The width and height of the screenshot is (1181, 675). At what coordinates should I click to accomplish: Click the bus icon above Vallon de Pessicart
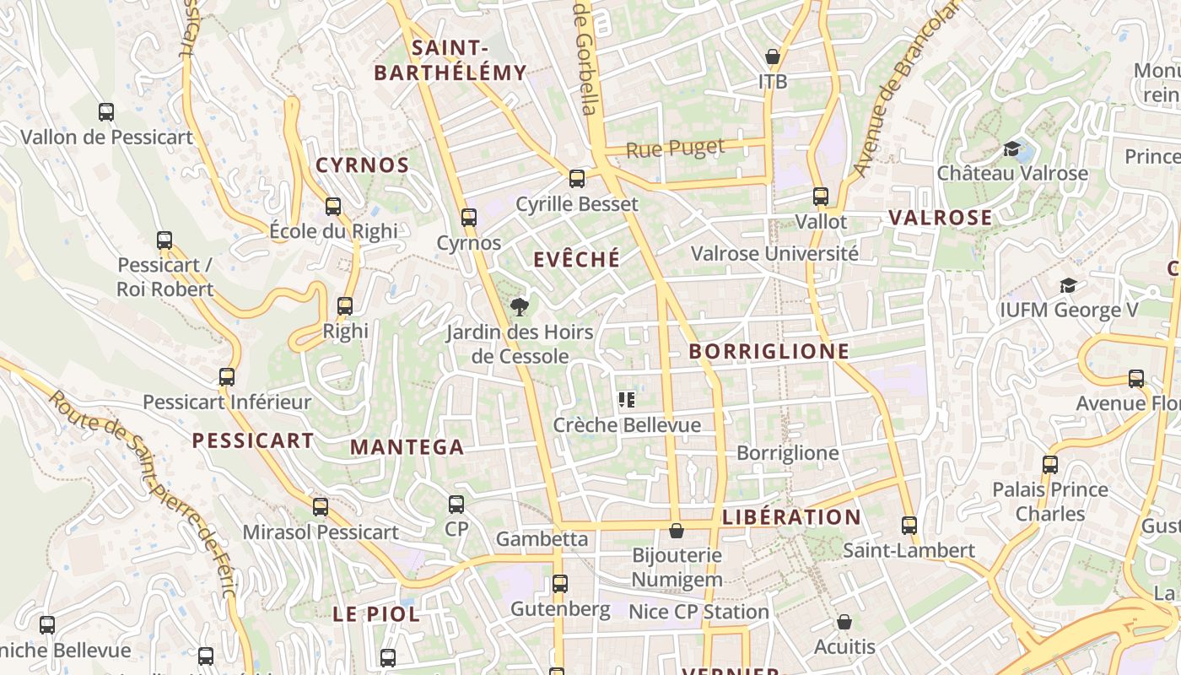tap(106, 111)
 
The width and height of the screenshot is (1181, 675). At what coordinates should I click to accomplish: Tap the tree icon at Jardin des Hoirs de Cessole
tap(520, 306)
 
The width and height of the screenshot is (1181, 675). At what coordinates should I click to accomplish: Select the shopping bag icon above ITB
tap(772, 57)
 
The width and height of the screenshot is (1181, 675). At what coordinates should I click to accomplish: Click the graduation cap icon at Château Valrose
tap(1011, 149)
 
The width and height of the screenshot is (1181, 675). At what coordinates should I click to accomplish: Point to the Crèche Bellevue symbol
tap(626, 400)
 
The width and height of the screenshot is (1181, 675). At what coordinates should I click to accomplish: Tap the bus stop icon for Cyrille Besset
tap(577, 179)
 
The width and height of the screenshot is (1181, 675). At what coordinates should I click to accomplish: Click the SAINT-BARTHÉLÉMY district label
tap(450, 60)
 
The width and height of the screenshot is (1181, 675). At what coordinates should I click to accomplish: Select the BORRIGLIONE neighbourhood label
tap(769, 351)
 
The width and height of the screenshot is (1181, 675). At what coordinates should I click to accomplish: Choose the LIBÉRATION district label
tap(792, 517)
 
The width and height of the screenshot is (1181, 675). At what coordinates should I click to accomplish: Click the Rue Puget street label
tap(676, 149)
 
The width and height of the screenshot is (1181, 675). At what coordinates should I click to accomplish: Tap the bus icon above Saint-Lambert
tap(909, 526)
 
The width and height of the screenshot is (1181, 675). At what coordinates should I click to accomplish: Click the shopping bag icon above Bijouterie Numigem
tap(677, 531)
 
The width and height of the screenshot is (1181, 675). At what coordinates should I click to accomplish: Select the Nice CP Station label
tap(699, 612)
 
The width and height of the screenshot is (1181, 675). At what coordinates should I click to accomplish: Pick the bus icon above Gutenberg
tap(560, 584)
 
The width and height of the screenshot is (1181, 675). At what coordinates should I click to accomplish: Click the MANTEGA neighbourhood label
tap(407, 447)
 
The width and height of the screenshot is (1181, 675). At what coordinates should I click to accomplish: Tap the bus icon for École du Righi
tap(333, 207)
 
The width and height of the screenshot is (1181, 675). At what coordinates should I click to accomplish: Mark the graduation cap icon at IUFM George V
tap(1068, 285)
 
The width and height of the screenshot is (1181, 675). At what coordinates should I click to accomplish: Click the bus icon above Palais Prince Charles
tap(1050, 464)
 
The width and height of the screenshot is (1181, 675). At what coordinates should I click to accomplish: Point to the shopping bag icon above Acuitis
tap(844, 623)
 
